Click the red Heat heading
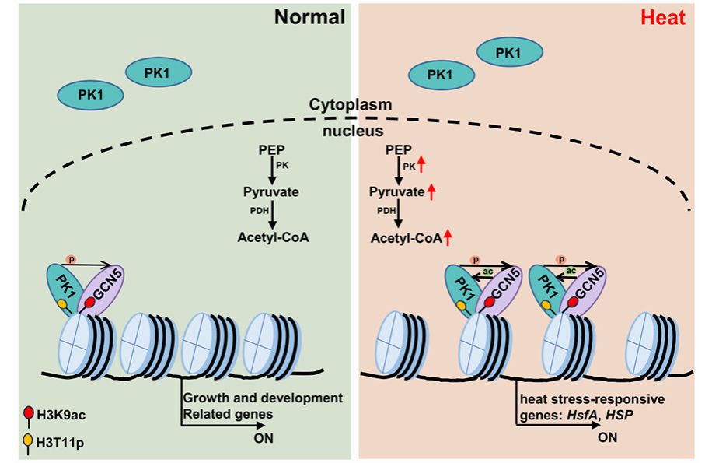tap(663, 18)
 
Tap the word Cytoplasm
tap(350, 103)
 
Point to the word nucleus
tap(350, 130)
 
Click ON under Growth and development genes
tap(266, 437)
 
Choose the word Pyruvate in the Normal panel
tap(270, 191)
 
